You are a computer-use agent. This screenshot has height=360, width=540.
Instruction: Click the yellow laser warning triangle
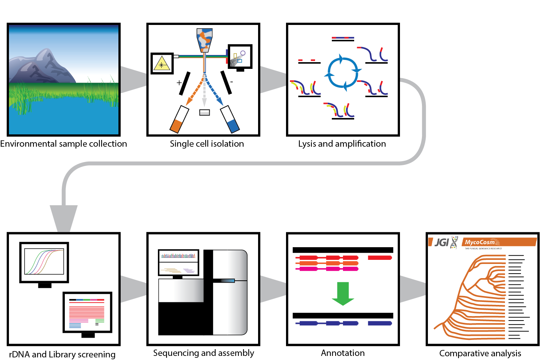click(162, 64)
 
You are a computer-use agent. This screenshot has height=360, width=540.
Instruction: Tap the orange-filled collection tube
click(179, 120)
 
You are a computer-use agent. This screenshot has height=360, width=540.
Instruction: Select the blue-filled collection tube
click(230, 120)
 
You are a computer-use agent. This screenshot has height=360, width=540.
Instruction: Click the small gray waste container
click(204, 112)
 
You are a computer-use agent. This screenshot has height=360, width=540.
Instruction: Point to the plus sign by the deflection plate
click(179, 82)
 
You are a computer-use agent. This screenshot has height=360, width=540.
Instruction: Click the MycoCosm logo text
click(480, 242)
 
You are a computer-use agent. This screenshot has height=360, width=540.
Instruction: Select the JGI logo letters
click(442, 242)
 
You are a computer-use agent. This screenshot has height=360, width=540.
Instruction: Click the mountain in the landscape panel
click(41, 67)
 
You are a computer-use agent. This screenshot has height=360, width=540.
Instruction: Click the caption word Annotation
click(343, 353)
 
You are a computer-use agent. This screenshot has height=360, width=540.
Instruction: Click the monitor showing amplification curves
click(44, 263)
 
